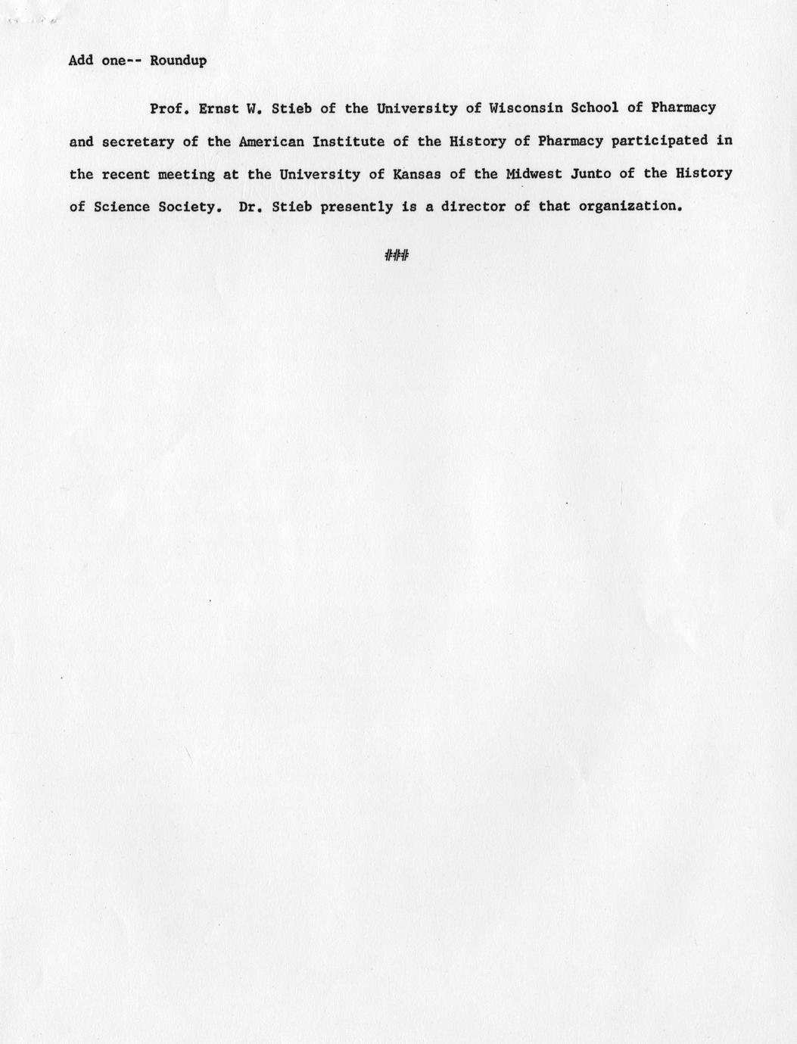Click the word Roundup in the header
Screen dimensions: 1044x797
coord(178,61)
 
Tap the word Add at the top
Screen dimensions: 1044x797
coord(81,61)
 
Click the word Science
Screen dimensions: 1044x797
coord(122,207)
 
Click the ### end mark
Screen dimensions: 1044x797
coord(397,256)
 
